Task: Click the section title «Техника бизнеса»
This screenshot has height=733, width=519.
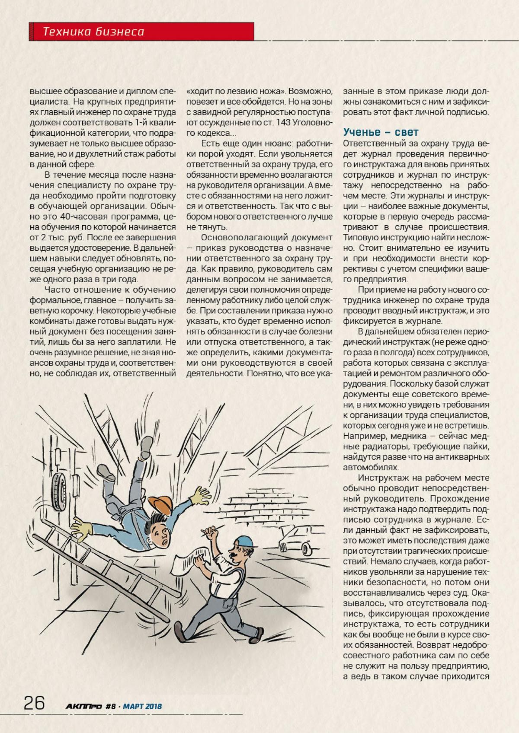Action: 93,32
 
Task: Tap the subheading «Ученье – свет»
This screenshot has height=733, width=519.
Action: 381,132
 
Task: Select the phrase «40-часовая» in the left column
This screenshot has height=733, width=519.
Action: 79,217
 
